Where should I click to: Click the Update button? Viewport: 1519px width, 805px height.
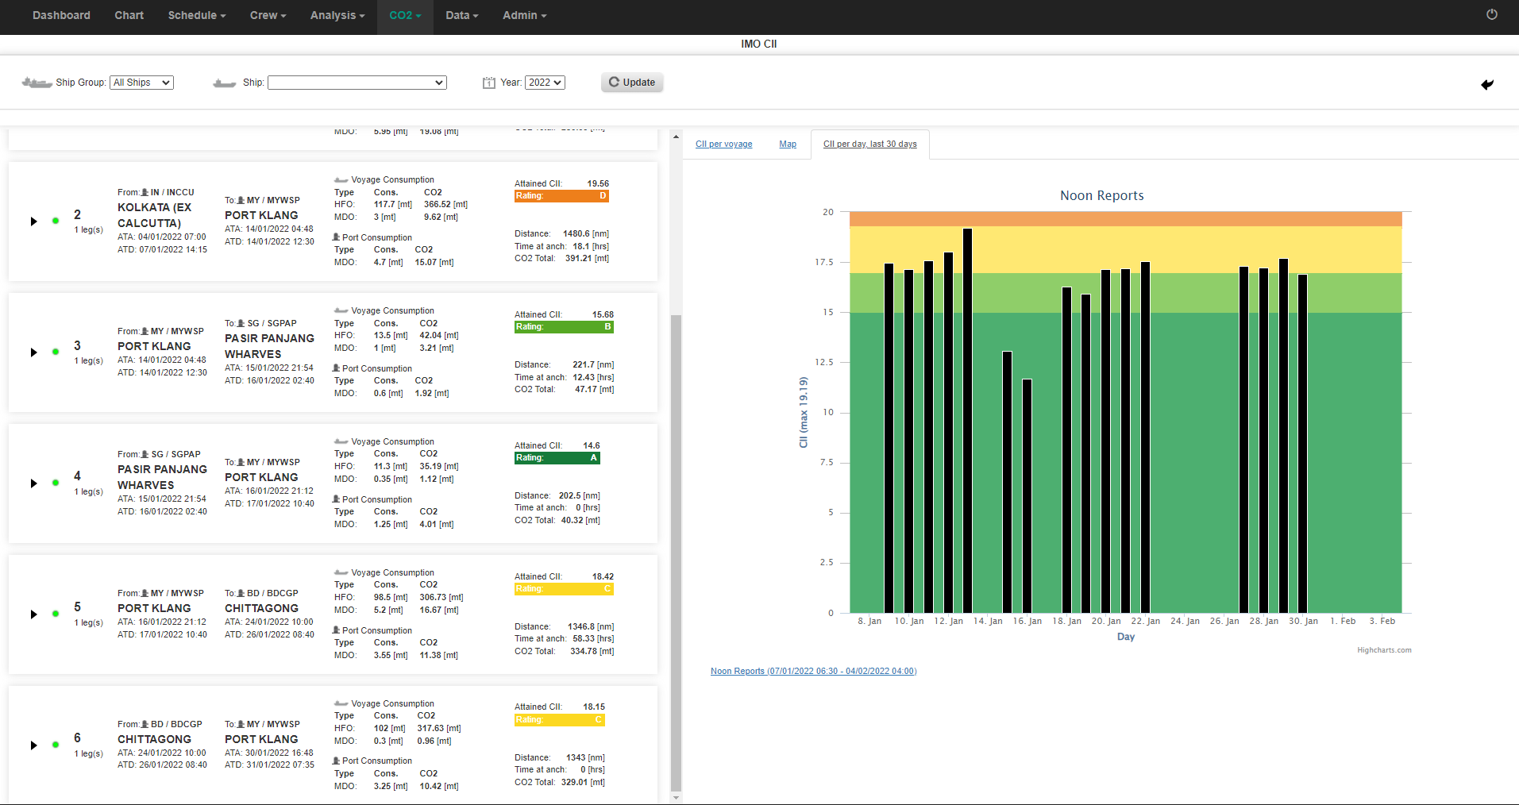pos(632,83)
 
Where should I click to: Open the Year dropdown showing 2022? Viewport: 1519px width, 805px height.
pos(545,83)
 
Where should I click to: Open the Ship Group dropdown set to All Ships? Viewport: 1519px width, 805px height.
pos(141,83)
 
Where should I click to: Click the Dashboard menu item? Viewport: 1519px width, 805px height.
pos(61,15)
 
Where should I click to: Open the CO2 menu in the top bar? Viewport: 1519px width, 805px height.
pos(405,15)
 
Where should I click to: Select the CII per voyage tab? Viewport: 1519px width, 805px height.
pos(723,144)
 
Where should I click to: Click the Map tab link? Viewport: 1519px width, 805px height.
pos(788,144)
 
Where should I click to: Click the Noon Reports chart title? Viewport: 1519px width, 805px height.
pos(1101,195)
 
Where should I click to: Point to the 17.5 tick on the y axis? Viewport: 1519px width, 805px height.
pos(824,262)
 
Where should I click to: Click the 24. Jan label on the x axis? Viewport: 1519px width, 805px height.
pos(1185,622)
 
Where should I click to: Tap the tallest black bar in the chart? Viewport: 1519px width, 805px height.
pos(967,421)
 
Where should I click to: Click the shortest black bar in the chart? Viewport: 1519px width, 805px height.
pos(1027,496)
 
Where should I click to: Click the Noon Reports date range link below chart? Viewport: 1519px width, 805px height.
pos(813,672)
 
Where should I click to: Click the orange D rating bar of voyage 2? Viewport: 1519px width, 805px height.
pos(561,196)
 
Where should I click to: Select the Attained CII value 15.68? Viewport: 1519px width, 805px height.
pos(603,315)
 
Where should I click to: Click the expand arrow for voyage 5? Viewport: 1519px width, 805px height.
pos(33,614)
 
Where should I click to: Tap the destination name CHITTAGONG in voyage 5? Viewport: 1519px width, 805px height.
pos(261,608)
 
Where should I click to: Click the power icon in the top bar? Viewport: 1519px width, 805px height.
pos(1492,14)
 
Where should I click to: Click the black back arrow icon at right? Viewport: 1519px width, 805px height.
pos(1487,84)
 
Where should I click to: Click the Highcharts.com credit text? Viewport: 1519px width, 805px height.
pos(1384,650)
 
